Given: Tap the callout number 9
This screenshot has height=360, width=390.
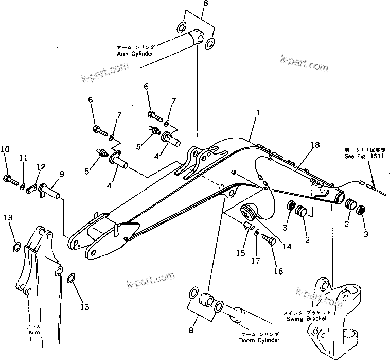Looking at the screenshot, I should (61, 174).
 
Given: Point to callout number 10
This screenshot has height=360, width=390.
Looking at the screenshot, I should (5, 149).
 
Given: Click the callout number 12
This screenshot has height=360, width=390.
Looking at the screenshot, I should (41, 166).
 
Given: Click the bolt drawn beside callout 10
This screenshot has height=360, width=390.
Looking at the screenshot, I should (11, 180).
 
